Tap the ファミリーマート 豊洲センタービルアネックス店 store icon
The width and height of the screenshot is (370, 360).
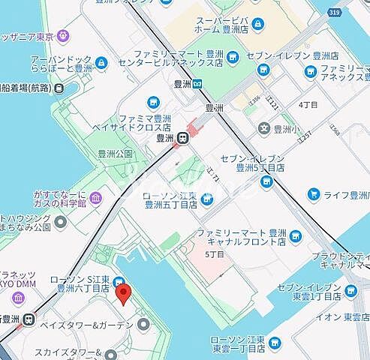(232, 55)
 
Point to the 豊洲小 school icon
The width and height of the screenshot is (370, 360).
(264, 128)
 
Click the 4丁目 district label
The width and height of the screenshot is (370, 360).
(308, 103)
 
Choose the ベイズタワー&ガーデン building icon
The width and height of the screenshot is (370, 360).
(143, 324)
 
